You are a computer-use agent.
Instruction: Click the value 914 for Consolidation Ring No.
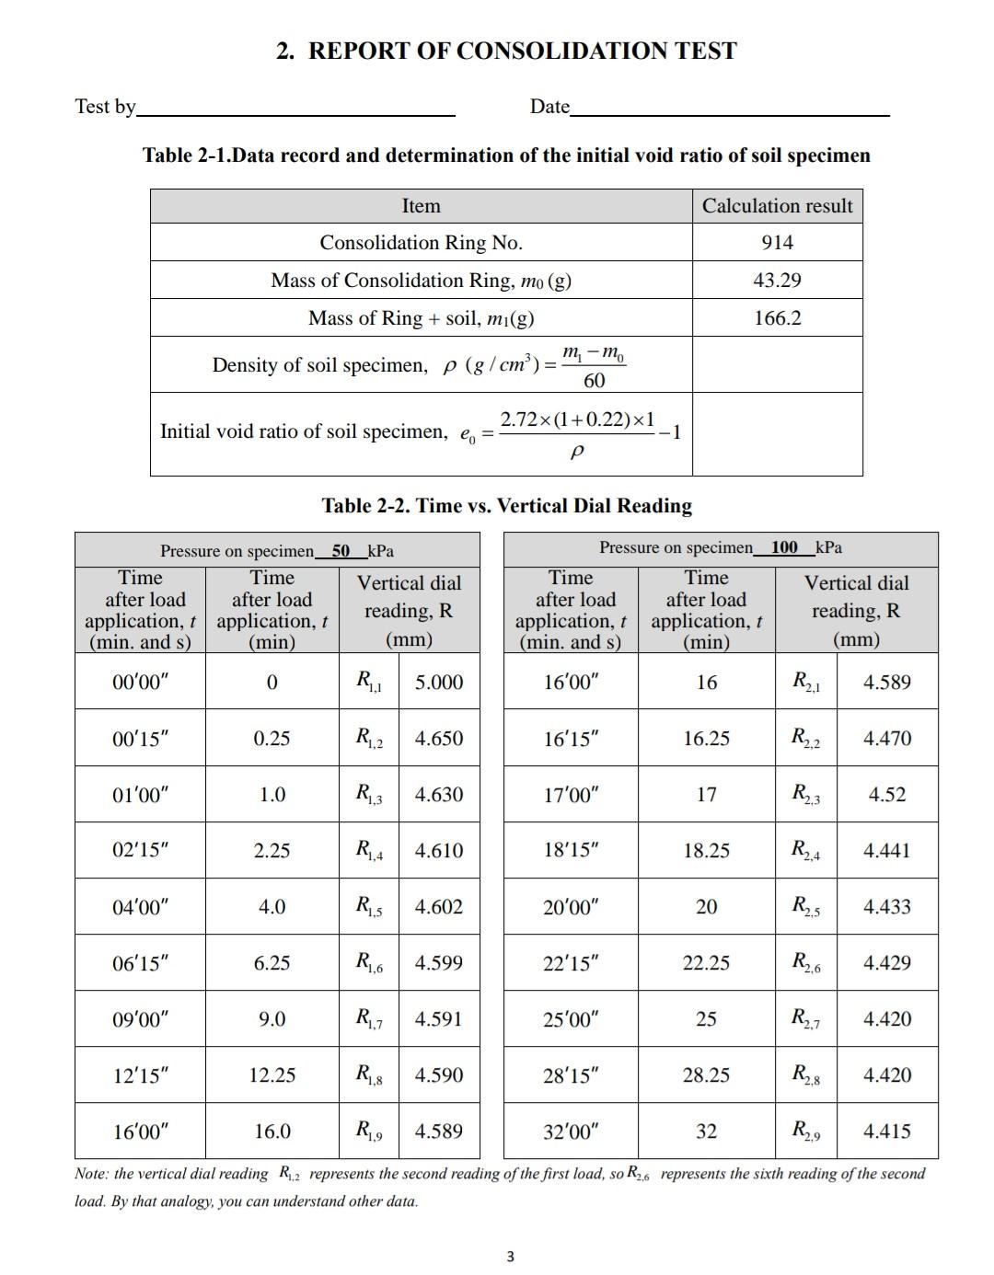click(x=777, y=243)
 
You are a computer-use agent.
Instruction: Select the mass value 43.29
click(x=777, y=281)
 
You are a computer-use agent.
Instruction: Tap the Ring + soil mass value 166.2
click(x=777, y=318)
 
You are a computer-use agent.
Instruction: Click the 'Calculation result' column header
click(x=777, y=206)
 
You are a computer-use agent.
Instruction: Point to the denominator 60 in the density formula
click(x=594, y=381)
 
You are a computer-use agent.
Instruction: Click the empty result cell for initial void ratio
click(x=777, y=434)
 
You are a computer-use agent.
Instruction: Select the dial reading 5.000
click(x=439, y=683)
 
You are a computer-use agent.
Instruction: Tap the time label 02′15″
click(x=141, y=851)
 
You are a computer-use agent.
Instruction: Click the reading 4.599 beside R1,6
click(x=439, y=963)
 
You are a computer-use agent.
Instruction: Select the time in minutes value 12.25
click(x=272, y=1075)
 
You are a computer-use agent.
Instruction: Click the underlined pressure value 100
click(x=784, y=547)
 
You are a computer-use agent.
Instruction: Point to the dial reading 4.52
click(x=887, y=795)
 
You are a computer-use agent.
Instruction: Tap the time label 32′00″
click(x=571, y=1131)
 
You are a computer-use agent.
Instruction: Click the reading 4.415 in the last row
click(x=887, y=1131)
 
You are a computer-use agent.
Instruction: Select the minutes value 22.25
click(x=706, y=963)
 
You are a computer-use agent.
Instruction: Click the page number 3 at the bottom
click(x=511, y=1257)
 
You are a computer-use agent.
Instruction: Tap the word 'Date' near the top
click(x=549, y=107)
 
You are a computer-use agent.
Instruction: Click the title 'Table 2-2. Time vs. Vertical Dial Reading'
click(x=506, y=506)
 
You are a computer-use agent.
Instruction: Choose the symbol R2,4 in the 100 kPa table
click(x=805, y=851)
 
